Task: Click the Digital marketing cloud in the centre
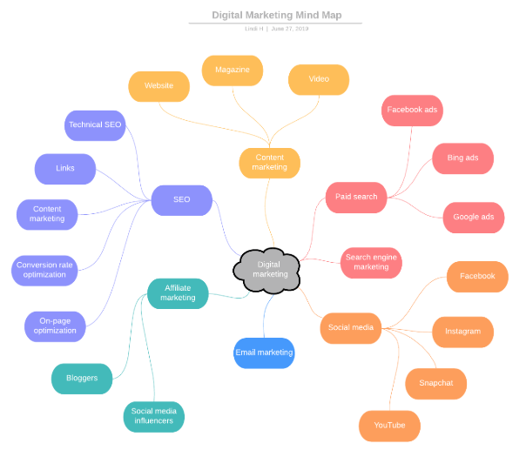point(269,268)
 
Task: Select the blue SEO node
point(181,199)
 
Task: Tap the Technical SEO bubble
point(95,124)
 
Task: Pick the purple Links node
point(64,168)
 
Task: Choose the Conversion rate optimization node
point(44,270)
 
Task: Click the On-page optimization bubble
point(55,326)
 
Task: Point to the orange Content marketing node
point(270,162)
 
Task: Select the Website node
point(158,85)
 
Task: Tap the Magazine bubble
point(233,70)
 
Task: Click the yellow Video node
point(319,79)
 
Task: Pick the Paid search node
point(356,197)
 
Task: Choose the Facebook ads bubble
point(412,110)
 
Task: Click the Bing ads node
point(462,158)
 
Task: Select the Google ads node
point(473,217)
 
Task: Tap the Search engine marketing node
point(371,262)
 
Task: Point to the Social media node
point(351,327)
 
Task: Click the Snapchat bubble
point(435,383)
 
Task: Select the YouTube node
point(389,426)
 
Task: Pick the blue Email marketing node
point(264,353)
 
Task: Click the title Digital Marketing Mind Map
point(276,15)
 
